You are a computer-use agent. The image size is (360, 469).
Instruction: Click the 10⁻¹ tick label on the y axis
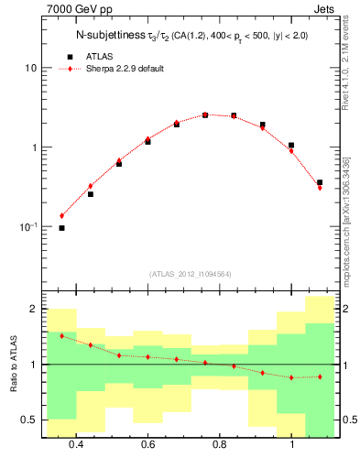coord(27,226)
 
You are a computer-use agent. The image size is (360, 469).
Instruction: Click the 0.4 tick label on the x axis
coord(76,445)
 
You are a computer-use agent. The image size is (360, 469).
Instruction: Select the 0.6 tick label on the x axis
coord(147,445)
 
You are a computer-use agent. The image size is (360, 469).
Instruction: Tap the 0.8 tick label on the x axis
coord(220,445)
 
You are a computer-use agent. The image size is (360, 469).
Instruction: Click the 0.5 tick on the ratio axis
coord(28,420)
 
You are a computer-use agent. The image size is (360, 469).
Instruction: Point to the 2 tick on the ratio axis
coord(32,310)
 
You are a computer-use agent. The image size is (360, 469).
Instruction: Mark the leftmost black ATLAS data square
coord(61,228)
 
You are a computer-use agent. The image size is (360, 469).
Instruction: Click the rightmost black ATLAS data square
coord(320,183)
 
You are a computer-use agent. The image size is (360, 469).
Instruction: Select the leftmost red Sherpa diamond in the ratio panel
coord(61,336)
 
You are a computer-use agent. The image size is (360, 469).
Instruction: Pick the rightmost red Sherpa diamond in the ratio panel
coord(320,376)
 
